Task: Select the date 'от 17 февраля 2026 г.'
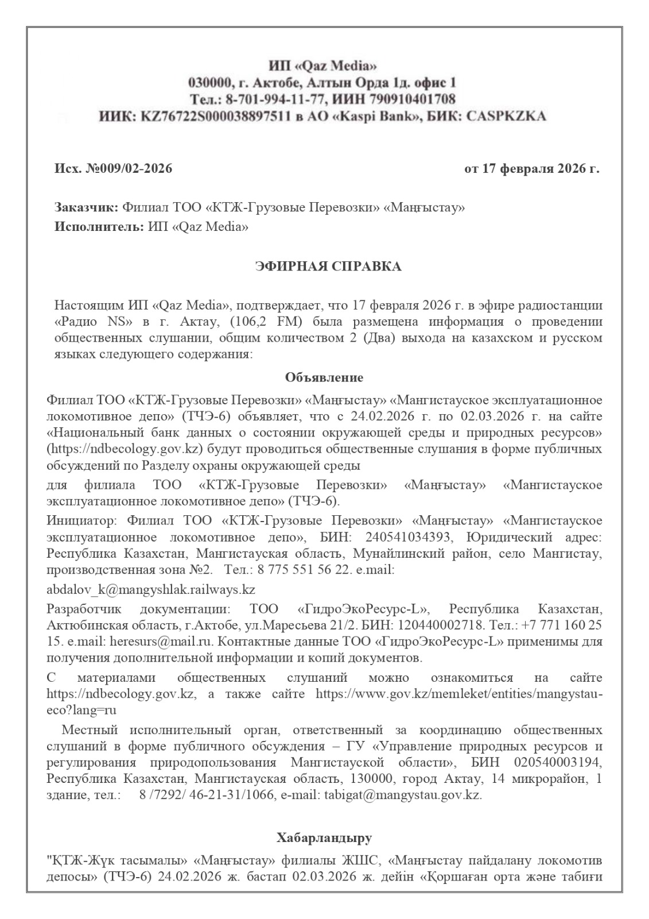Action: (532, 169)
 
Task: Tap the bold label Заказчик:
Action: (87, 207)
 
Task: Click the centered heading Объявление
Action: (324, 377)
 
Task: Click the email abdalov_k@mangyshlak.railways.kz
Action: (151, 589)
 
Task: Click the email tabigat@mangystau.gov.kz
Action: (403, 796)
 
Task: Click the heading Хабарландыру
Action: (324, 839)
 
